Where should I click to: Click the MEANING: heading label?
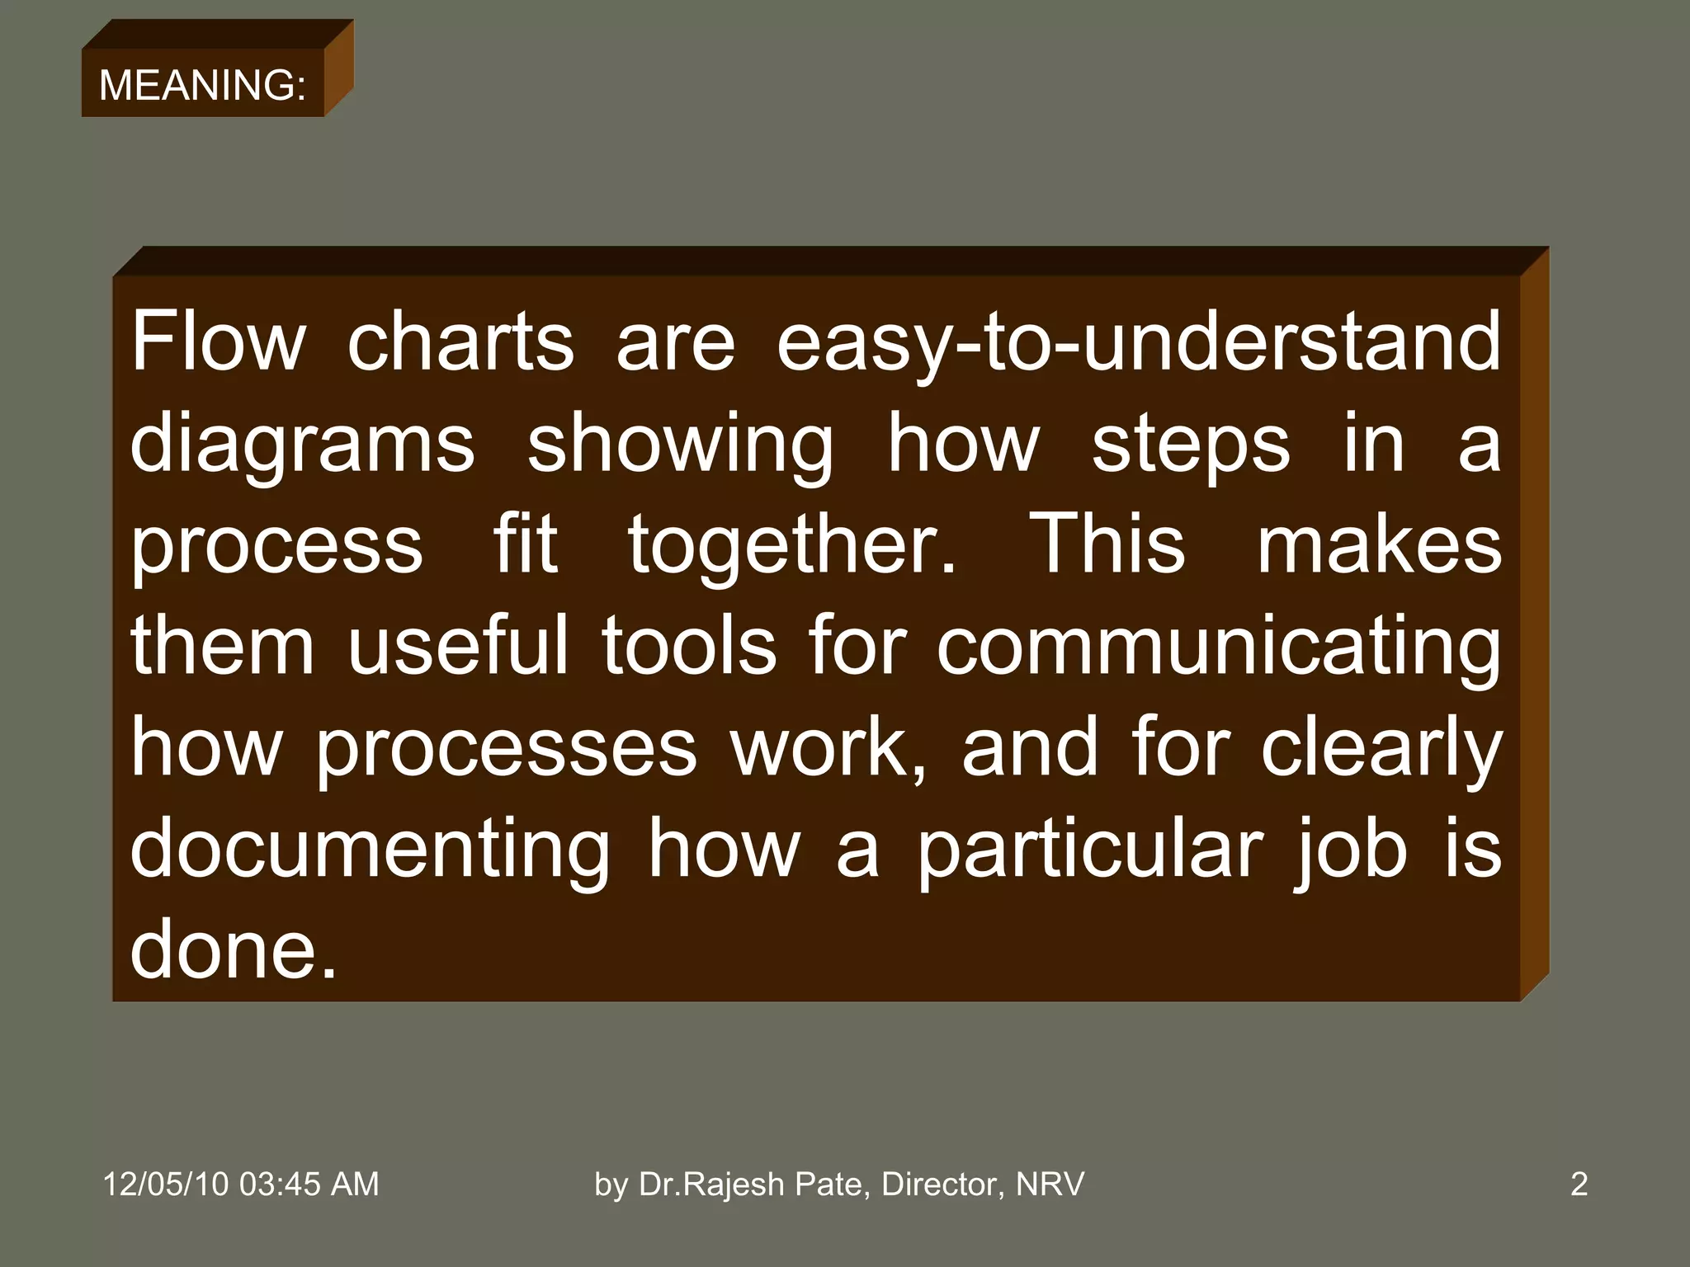(202, 85)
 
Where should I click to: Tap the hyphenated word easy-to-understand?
(1138, 342)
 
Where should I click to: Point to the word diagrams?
(302, 445)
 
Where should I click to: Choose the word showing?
(680, 445)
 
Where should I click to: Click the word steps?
(1190, 445)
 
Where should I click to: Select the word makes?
(1379, 544)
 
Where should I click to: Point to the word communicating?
(1219, 648)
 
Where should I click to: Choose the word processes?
(507, 749)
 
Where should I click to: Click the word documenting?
(370, 850)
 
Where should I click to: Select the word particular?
(1090, 850)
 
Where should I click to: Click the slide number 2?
(1579, 1184)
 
